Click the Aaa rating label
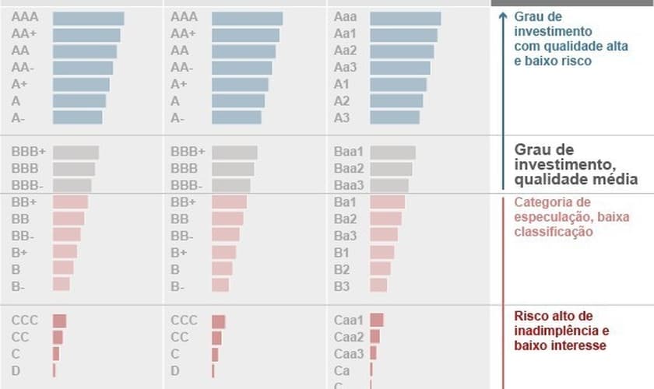[x=344, y=17]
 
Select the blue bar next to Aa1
[x=403, y=35]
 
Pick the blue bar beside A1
[x=398, y=84]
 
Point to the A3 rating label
[x=342, y=117]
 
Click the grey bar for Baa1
[x=392, y=152]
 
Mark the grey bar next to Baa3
[x=389, y=185]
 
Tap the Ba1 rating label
[x=344, y=202]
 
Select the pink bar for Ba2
[x=385, y=219]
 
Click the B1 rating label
[x=341, y=252]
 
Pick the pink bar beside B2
[x=380, y=268]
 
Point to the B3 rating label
[x=341, y=286]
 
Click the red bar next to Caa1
[x=377, y=320]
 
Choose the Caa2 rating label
[x=348, y=337]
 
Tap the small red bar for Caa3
[x=373, y=354]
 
